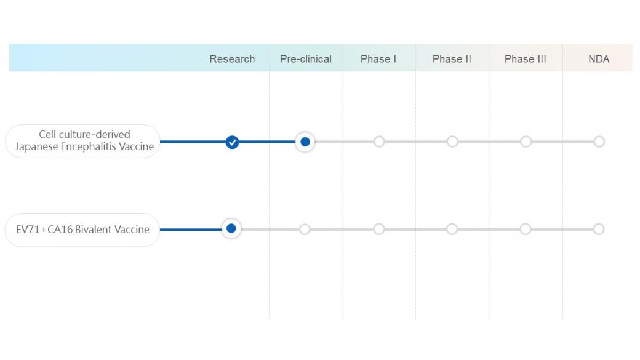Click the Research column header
click(x=232, y=59)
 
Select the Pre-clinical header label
click(x=306, y=59)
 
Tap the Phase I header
click(x=378, y=59)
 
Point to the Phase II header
click(x=452, y=59)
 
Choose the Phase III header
click(x=526, y=59)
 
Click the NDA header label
click(x=599, y=59)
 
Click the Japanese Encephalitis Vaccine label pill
click(x=82, y=141)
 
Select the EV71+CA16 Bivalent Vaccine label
click(x=82, y=230)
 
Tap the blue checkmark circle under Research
click(x=232, y=142)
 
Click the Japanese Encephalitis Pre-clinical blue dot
click(x=305, y=142)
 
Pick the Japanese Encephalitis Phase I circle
click(x=379, y=142)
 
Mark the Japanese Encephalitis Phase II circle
click(x=452, y=142)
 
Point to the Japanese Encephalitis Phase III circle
click(x=526, y=142)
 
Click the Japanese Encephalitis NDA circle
click(x=599, y=142)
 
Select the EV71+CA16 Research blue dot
click(x=231, y=228)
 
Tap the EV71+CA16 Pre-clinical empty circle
click(x=305, y=229)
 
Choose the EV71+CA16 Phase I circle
click(x=379, y=229)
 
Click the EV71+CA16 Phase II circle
click(x=452, y=229)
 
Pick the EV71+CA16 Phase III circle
click(x=526, y=229)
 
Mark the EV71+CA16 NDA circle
click(x=599, y=229)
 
